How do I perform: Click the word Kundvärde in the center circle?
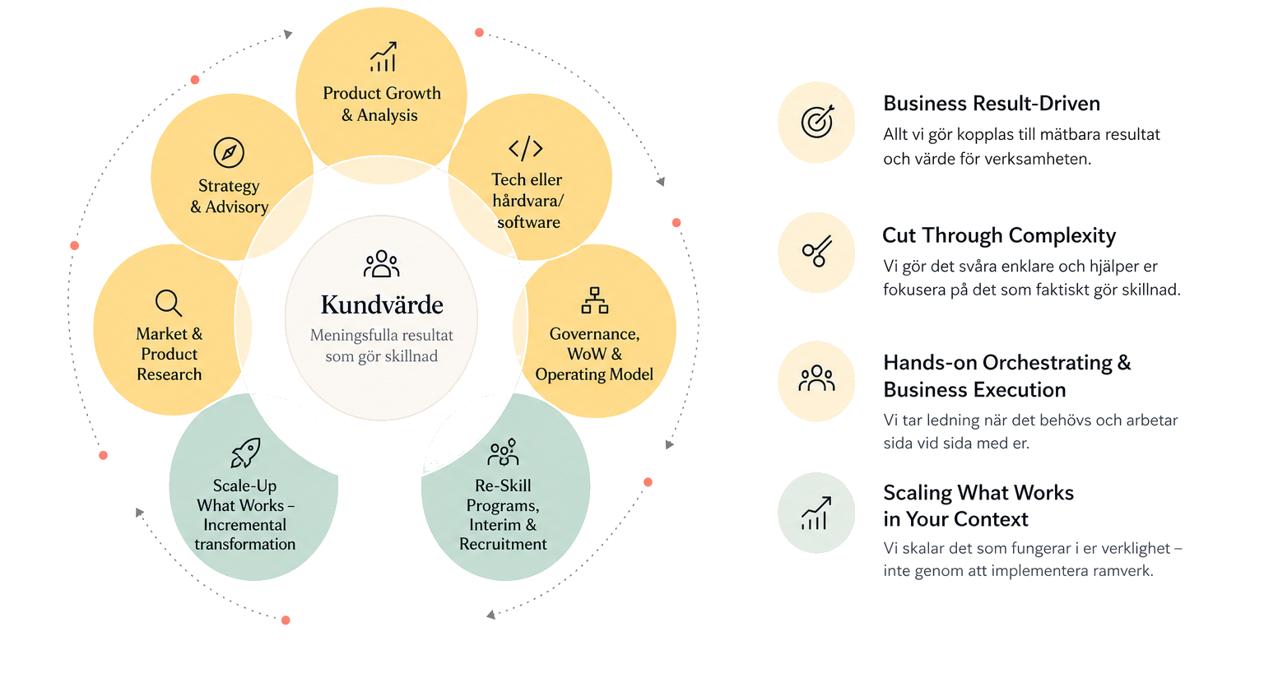tap(382, 304)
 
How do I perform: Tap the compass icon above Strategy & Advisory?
tap(229, 152)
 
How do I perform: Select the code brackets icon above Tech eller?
tap(525, 148)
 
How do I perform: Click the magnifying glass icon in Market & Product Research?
tap(169, 303)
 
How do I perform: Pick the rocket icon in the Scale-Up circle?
tap(245, 453)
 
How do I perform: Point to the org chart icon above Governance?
tap(595, 300)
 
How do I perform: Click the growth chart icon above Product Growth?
tap(383, 57)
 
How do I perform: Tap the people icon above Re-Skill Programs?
tap(503, 452)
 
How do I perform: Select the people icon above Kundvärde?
tap(382, 263)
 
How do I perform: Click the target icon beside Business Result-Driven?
tap(817, 121)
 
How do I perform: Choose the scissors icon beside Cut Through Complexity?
tap(817, 251)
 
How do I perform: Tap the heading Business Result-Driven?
tap(992, 104)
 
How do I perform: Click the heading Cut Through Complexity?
tap(999, 235)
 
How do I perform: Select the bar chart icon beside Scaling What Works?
tap(816, 513)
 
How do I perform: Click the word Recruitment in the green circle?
tap(503, 544)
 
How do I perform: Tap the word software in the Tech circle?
tap(529, 222)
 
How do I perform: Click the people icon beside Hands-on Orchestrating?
tap(816, 379)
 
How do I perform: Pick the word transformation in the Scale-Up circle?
tap(245, 544)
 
